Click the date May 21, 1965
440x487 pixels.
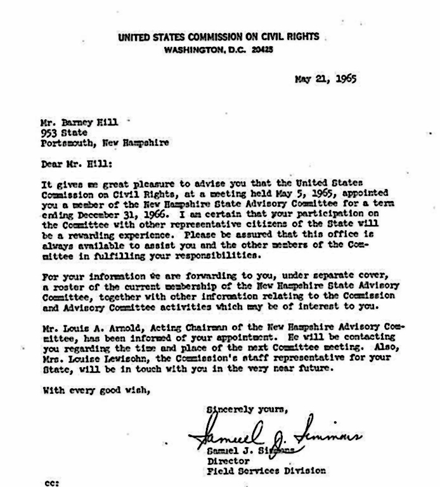click(x=325, y=80)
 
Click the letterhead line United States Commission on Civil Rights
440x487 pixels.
click(x=219, y=37)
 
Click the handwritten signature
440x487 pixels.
click(x=273, y=434)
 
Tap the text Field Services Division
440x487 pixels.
click(x=266, y=471)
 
